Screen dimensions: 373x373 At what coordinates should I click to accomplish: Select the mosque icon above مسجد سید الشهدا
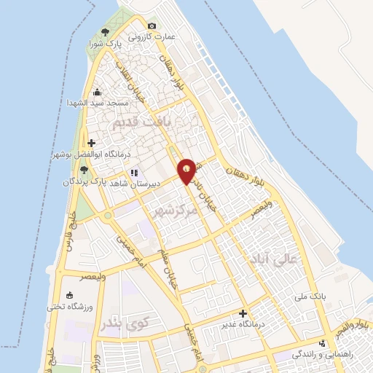click(97, 93)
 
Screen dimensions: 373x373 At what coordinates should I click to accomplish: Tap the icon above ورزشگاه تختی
click(69, 296)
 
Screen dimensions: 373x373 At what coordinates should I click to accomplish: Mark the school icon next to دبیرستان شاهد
click(133, 173)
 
